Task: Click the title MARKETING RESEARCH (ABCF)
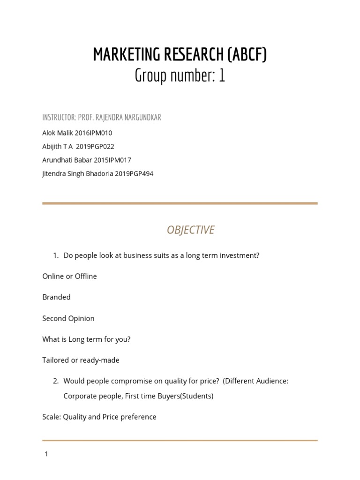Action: tap(180, 55)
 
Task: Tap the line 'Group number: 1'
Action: tap(180, 75)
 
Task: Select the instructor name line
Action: tap(102, 118)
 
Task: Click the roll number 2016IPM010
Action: tap(93, 133)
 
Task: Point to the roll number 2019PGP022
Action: tap(97, 146)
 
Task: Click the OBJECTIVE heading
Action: tap(191, 230)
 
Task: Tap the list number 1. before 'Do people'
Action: tap(56, 255)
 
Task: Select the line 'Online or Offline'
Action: tap(69, 276)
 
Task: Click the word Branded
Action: tap(56, 297)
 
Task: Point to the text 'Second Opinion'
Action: tap(68, 318)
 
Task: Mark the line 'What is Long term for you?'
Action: tap(86, 339)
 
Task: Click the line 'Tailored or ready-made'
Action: tap(81, 360)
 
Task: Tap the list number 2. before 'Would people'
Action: tap(56, 381)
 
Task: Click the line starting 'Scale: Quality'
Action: tap(99, 417)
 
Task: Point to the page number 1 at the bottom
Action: tap(46, 454)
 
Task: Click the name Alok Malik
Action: tap(58, 133)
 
